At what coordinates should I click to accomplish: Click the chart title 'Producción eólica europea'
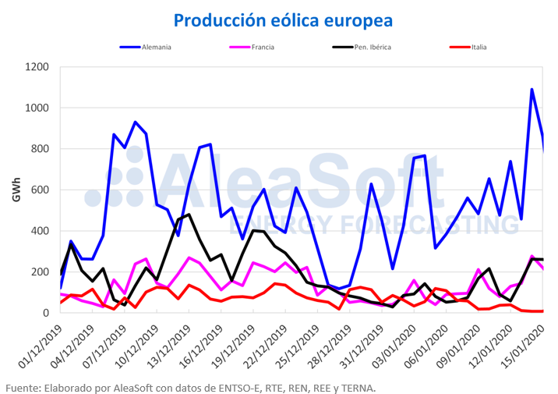[284, 19]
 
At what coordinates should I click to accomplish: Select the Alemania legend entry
[156, 48]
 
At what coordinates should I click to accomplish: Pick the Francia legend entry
[262, 48]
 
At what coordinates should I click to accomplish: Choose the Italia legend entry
[479, 48]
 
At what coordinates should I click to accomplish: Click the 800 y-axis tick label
[41, 149]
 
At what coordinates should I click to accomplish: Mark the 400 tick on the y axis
[41, 231]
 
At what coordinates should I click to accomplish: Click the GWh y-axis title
[16, 190]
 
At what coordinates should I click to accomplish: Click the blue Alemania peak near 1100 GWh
[532, 90]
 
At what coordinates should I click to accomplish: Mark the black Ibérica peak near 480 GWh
[189, 215]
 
